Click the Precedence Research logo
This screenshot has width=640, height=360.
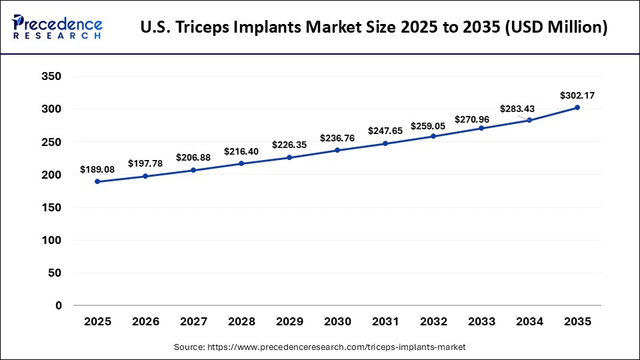point(57,27)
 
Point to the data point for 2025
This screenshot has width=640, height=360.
point(97,181)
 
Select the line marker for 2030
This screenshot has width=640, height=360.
point(337,150)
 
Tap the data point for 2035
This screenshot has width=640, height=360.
point(577,107)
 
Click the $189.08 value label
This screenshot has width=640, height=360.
point(97,169)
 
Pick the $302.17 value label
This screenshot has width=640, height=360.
point(577,95)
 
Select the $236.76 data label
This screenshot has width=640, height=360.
point(337,138)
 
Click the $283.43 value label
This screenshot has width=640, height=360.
point(517,108)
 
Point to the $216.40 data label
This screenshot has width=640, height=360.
point(241,151)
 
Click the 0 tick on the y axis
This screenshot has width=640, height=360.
point(59,305)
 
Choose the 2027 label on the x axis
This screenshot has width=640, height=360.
point(193,322)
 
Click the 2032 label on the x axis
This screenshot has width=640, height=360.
point(433,322)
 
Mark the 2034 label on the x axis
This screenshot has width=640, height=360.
point(529,322)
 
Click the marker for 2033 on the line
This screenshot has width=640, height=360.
point(481,128)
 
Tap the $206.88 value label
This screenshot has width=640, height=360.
point(193,157)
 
